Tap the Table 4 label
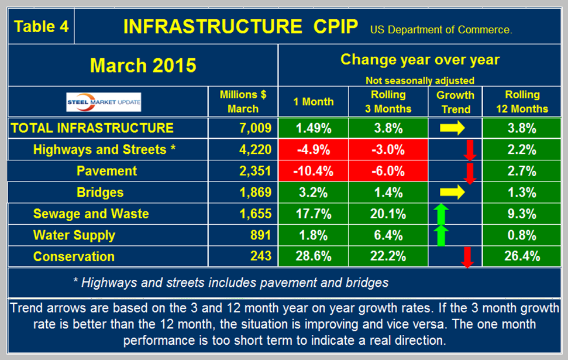pos(41,27)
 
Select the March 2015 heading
pos(143,65)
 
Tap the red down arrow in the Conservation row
pos(467,256)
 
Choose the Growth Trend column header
pos(456,101)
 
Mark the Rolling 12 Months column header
pos(523,101)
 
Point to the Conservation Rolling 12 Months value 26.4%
pos(523,256)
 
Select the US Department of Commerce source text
pos(440,30)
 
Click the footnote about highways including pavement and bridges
pos(230,283)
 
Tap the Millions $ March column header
pos(243,101)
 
